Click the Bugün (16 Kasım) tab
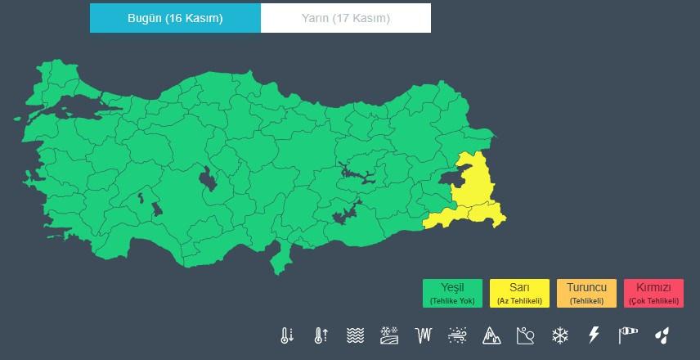point(175,18)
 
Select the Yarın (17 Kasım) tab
point(346,18)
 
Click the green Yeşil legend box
point(452,293)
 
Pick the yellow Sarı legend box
point(519,293)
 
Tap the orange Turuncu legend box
point(586,293)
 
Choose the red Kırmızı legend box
point(653,293)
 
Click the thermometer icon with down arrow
point(285,335)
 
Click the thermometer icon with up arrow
point(320,335)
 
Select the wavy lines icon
point(354,335)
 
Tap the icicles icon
point(423,335)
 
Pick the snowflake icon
point(559,335)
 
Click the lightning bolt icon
point(594,335)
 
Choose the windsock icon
point(628,335)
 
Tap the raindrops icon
point(662,335)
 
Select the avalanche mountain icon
point(491,335)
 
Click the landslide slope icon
point(525,335)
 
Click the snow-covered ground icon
point(388,335)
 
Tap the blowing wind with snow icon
point(457,335)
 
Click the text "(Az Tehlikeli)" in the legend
point(519,301)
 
